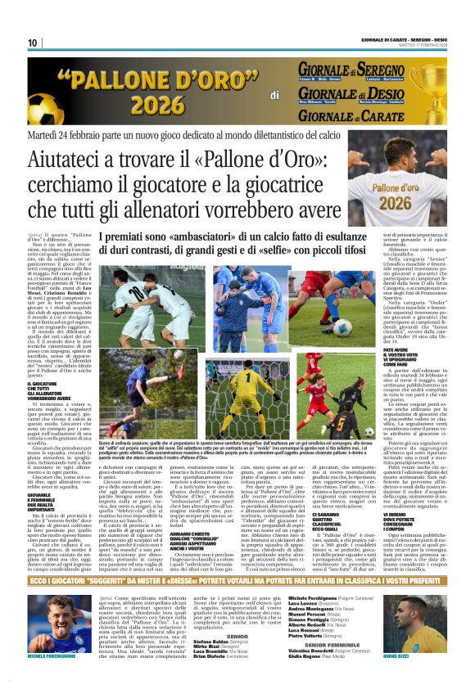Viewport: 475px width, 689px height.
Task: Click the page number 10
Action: click(x=34, y=43)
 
